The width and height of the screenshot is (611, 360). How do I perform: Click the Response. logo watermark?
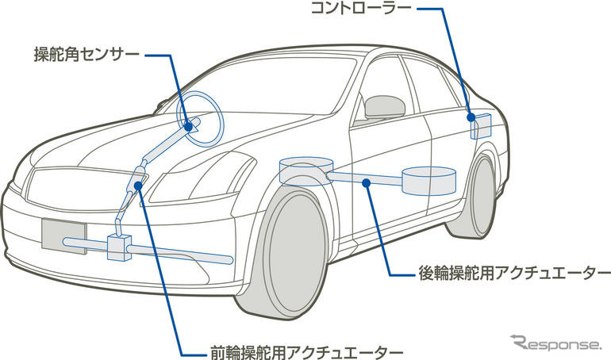[557, 343]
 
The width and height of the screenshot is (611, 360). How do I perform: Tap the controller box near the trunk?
[480, 125]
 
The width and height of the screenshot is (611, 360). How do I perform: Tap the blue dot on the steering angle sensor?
[190, 124]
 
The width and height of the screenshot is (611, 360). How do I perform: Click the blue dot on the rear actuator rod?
[367, 183]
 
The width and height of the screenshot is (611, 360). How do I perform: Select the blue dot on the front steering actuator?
[140, 186]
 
